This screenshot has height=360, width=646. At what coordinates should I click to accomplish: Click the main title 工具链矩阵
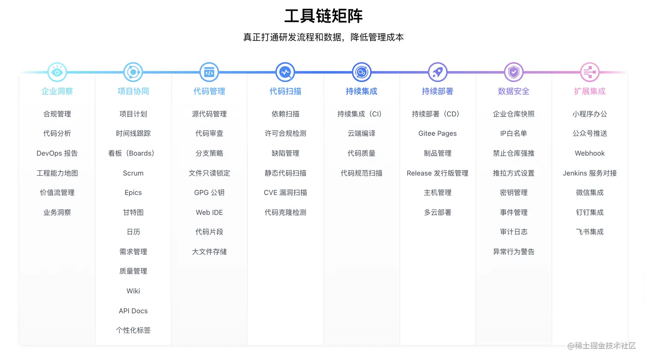[323, 16]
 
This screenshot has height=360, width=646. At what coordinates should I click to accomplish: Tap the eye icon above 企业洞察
[57, 72]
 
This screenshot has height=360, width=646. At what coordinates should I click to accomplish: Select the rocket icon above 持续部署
[438, 72]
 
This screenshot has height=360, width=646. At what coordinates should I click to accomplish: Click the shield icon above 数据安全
[514, 72]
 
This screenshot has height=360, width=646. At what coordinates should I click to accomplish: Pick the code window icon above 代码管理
[209, 72]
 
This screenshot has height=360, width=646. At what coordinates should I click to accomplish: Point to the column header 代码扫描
[285, 91]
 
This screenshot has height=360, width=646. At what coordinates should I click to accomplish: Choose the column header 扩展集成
[590, 91]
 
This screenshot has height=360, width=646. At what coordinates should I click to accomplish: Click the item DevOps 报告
[57, 153]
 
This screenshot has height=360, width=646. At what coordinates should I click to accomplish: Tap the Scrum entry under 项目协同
[133, 173]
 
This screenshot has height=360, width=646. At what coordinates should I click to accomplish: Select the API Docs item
[133, 311]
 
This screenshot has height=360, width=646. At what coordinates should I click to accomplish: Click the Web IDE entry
[209, 212]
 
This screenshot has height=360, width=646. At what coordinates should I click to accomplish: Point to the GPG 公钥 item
[209, 193]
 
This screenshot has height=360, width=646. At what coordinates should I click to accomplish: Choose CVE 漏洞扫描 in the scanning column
[285, 193]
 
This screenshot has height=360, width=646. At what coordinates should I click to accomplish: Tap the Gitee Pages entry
[438, 133]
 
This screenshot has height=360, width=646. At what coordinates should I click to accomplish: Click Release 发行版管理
[438, 173]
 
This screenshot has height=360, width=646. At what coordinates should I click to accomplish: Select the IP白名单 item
[514, 133]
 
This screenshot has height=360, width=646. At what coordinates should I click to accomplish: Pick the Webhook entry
[590, 153]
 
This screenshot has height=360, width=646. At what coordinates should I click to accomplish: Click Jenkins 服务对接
[590, 173]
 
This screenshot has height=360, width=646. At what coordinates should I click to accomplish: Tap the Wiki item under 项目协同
[133, 291]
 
